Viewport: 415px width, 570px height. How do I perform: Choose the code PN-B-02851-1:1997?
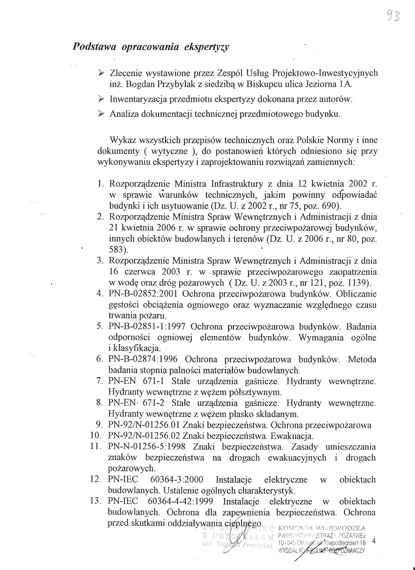point(147,326)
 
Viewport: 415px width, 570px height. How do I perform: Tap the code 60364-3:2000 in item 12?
point(177,480)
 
